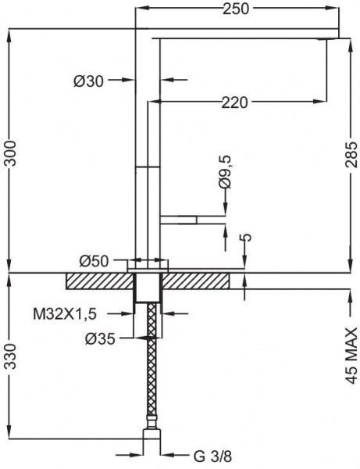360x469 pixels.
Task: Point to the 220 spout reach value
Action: (234, 102)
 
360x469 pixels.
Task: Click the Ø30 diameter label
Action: (88, 81)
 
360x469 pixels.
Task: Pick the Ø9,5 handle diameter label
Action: (225, 172)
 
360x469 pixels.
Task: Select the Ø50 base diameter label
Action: (94, 261)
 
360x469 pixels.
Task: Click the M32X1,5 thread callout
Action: (65, 314)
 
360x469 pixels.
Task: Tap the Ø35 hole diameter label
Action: (100, 339)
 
